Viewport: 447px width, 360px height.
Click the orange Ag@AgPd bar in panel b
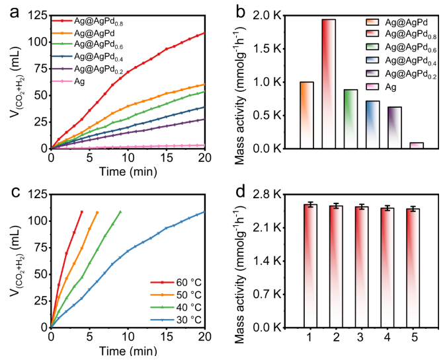click(x=288, y=115)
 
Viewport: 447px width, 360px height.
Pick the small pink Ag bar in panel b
click(x=416, y=145)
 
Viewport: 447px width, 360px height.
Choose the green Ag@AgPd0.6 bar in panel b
click(x=352, y=119)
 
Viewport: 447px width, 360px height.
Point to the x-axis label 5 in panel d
click(x=415, y=338)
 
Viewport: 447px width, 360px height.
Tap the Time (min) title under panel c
click(x=128, y=352)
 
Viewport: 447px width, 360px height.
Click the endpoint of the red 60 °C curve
click(x=82, y=212)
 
